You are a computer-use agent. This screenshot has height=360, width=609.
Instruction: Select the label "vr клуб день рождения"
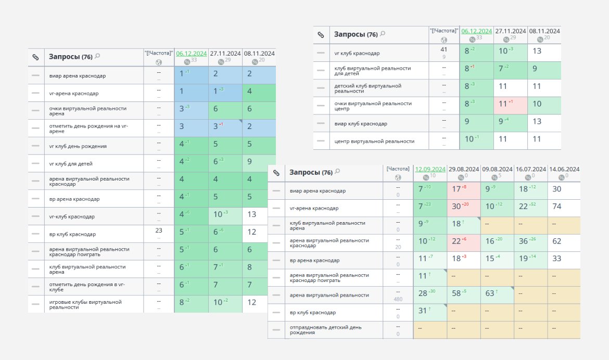pos(78,146)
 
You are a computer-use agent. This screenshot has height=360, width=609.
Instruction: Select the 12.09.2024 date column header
pos(429,169)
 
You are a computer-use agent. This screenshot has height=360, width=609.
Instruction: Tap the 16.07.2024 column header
pos(530,169)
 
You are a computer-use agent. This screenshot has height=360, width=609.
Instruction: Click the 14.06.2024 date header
pos(564,169)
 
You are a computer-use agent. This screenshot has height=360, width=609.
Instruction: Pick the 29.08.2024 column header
pos(463,169)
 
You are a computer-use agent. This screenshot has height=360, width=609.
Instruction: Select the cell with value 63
pos(489,294)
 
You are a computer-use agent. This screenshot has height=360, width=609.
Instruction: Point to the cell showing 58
pos(456,294)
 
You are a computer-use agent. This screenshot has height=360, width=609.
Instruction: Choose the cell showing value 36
pos(523,241)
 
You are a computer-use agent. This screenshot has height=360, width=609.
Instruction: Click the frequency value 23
pos(159,230)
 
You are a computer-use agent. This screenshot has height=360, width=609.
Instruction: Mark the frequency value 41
pos(444,49)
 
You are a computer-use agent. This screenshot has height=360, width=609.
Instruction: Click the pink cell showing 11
pos(503,104)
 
